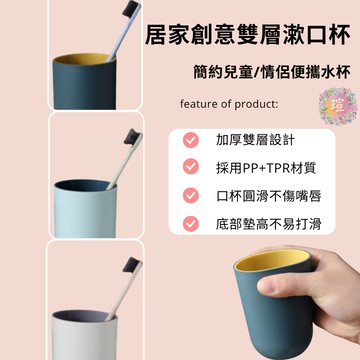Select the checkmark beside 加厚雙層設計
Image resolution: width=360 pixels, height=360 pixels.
pyautogui.click(x=191, y=141)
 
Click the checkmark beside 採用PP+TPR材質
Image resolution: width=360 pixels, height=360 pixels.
pyautogui.click(x=191, y=169)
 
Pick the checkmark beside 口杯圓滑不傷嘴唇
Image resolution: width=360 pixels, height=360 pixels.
pyautogui.click(x=191, y=196)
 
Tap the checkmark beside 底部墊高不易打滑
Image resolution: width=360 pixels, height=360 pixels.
pyautogui.click(x=191, y=224)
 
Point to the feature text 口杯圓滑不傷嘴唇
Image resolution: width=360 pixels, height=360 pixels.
pyautogui.click(x=263, y=196)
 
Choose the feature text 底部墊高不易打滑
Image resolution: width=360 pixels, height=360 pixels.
pyautogui.click(x=263, y=224)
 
